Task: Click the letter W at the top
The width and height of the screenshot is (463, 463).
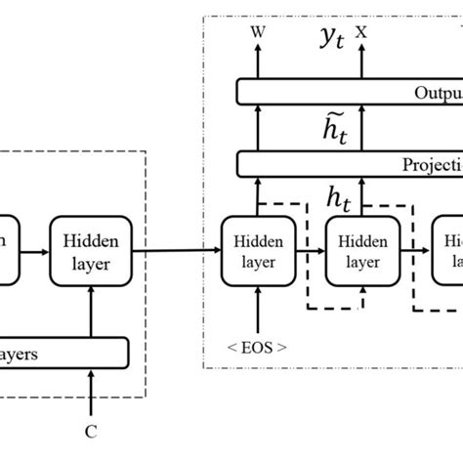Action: (x=258, y=31)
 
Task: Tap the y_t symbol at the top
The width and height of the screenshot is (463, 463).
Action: (x=310, y=37)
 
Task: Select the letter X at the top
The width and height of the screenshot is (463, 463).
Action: (x=361, y=31)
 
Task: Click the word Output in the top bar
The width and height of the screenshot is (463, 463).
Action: (x=435, y=93)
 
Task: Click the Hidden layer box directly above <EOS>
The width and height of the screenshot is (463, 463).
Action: (x=259, y=250)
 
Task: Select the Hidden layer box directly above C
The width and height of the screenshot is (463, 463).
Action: (x=90, y=250)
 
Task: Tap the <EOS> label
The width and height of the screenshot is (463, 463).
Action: (x=259, y=346)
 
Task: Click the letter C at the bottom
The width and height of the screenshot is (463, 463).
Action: (x=90, y=429)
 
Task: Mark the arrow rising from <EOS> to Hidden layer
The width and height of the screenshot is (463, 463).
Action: (x=259, y=308)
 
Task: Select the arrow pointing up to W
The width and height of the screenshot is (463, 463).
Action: (x=258, y=61)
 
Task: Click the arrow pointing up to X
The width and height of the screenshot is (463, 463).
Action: (x=361, y=61)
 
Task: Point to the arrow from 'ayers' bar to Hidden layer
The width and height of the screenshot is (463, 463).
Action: (x=90, y=312)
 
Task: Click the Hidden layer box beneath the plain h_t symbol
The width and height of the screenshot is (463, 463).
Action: (x=361, y=250)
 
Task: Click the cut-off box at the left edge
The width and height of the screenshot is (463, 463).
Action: (x=7, y=250)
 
